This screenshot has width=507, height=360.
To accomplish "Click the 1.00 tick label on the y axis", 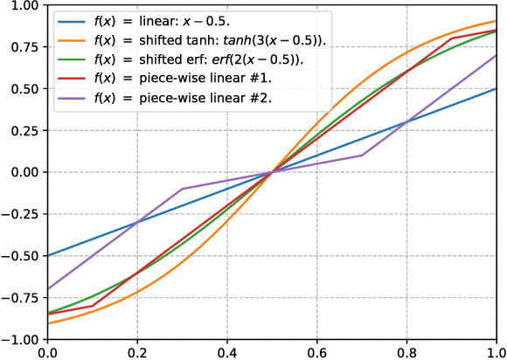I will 24,5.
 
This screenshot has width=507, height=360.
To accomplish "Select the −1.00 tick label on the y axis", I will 20,339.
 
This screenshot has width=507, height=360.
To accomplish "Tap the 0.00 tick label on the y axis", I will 24,172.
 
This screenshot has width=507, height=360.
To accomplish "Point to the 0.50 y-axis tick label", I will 24,88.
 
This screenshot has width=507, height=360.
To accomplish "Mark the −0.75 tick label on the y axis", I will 20,297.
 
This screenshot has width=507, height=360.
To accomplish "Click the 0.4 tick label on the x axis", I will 226,352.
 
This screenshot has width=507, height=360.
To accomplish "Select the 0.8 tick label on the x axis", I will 406,352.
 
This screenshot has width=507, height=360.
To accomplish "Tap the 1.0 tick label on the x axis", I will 495,352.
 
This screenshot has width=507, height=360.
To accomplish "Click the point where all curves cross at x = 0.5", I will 272,172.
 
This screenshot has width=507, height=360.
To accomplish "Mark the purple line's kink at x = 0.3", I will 182,189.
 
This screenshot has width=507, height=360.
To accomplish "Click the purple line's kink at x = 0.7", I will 362,156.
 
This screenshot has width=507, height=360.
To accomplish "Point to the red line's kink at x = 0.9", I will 452,38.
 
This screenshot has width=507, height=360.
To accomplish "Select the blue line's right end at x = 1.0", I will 497,88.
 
